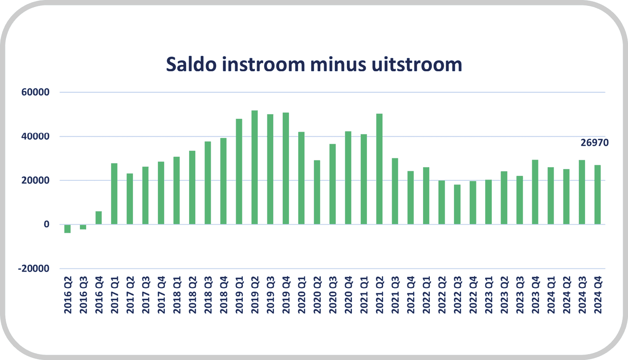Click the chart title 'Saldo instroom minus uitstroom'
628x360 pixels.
point(314,65)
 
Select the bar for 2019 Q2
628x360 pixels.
point(254,167)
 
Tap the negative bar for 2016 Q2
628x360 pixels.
point(67,229)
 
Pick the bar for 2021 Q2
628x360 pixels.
point(379,169)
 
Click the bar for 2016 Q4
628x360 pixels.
point(99,218)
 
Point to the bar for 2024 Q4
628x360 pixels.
point(598,195)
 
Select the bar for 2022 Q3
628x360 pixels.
point(457,204)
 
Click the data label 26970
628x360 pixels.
point(594,143)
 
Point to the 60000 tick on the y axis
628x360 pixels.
point(35,92)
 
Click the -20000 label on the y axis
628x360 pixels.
point(34,268)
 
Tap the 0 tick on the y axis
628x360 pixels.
point(47,224)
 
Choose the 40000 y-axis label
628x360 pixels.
point(35,136)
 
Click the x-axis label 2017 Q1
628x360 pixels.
point(115,295)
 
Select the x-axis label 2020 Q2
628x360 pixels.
point(317,295)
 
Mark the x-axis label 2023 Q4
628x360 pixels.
point(535,295)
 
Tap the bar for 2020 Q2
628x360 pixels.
point(317,192)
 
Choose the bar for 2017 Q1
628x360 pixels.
point(114,194)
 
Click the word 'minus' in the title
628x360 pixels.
point(338,65)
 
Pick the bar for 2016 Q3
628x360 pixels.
point(83,227)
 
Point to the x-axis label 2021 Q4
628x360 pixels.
point(411,295)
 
